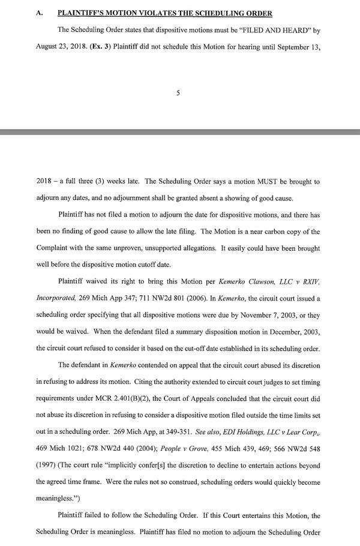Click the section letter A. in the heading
40,12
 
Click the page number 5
178,92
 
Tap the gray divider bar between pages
180,131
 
